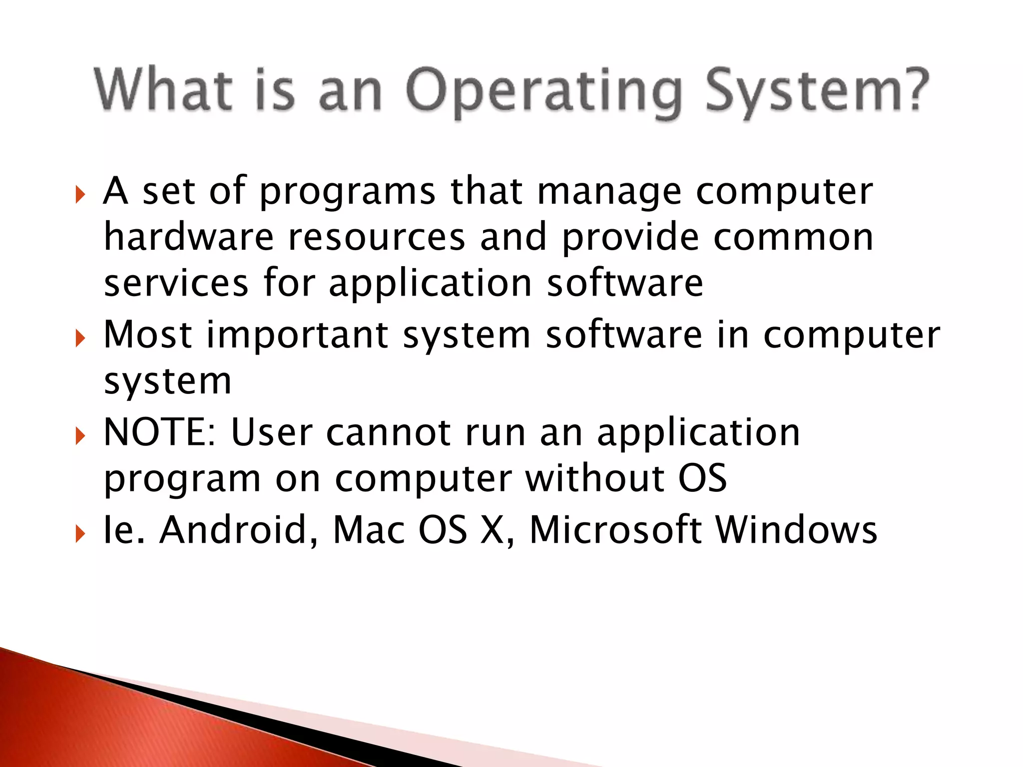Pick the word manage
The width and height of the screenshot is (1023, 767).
pos(609,193)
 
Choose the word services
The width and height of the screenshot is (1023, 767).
pos(176,283)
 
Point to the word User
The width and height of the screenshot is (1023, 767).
pos(272,432)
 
